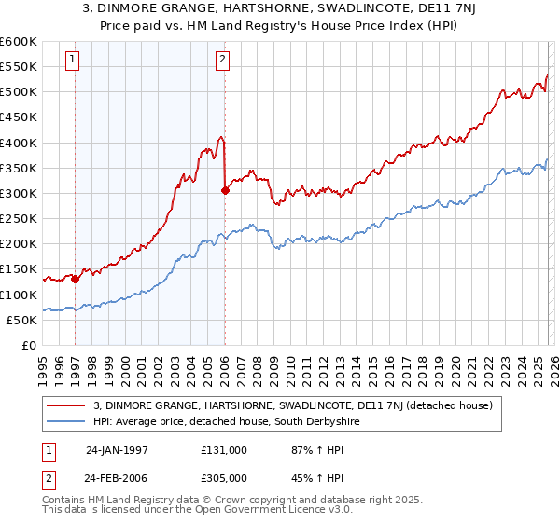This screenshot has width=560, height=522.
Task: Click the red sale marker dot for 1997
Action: point(75,279)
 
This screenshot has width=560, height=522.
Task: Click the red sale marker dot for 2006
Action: point(225,190)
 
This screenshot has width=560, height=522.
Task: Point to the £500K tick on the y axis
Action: point(19,92)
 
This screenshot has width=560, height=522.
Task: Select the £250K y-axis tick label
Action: point(19,219)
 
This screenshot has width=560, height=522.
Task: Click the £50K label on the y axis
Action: point(21,320)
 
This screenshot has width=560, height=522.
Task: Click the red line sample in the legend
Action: point(65,405)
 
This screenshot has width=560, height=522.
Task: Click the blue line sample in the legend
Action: point(65,422)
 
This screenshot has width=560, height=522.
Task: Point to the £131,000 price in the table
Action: point(225,449)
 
